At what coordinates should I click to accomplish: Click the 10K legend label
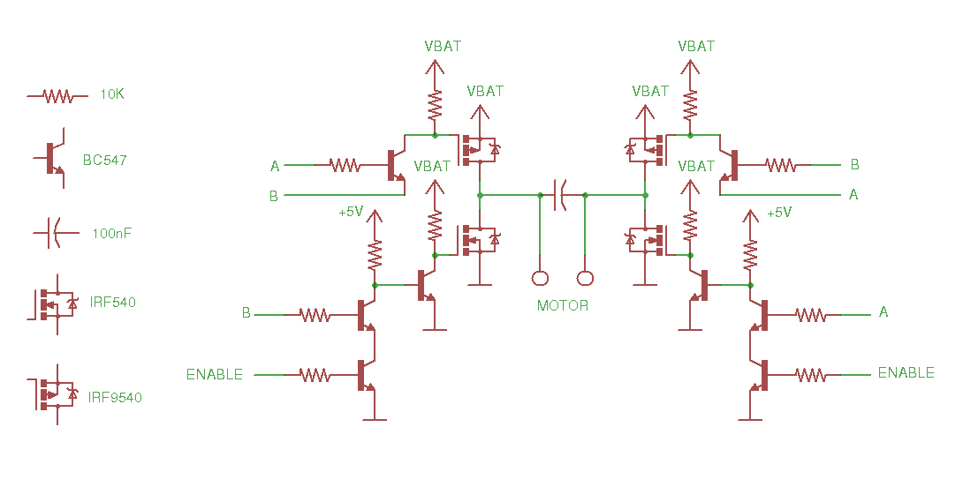[111, 94]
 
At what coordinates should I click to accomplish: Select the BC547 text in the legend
[105, 161]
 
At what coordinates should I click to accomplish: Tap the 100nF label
[112, 234]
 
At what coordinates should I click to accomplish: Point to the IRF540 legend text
[113, 302]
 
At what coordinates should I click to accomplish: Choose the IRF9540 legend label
[115, 397]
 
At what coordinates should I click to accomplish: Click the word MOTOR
[563, 305]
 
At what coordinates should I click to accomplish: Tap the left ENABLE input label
[214, 374]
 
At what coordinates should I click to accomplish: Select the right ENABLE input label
[906, 373]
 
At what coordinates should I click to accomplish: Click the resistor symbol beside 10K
[57, 95]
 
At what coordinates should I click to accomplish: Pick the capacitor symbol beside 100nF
[50, 234]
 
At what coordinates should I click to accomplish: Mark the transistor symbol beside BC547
[53, 159]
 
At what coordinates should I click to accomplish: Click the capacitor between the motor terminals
[562, 194]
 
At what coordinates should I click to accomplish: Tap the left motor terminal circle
[540, 279]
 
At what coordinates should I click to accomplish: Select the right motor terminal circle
[585, 279]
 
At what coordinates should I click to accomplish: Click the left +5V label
[351, 213]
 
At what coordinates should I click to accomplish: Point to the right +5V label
[779, 213]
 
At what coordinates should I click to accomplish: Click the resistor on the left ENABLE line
[315, 375]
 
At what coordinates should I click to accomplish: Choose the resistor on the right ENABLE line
[810, 375]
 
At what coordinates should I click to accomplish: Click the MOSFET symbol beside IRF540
[55, 303]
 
